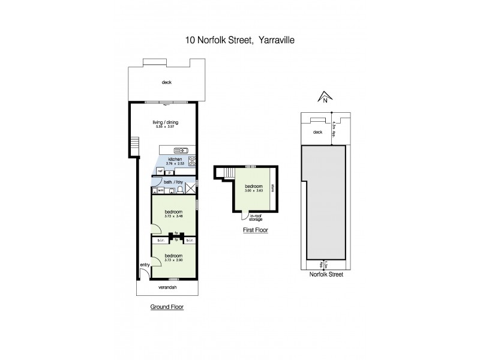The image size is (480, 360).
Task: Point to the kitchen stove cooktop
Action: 193,161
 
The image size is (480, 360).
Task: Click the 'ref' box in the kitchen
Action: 160,172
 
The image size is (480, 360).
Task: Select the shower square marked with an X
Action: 191,188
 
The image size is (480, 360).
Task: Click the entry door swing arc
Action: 143,274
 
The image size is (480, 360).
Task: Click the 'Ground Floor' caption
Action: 166,307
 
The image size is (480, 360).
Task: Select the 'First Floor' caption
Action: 256,230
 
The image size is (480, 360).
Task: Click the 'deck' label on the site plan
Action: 317,132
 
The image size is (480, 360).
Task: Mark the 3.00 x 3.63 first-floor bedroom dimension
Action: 253,191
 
